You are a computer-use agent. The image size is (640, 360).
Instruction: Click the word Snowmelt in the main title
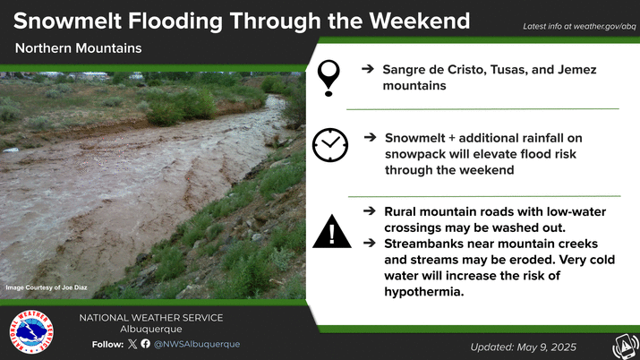pos(68,21)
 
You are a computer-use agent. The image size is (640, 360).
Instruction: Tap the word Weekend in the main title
pos(420,21)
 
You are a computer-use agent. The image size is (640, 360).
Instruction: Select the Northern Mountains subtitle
pos(79,48)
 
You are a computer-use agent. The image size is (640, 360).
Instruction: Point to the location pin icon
pos(329,78)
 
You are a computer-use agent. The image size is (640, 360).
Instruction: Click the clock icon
pos(330,145)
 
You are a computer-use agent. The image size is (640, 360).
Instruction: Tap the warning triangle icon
pos(332,231)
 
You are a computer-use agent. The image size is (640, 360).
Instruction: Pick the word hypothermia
pos(423,292)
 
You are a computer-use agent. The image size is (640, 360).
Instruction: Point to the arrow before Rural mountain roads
pos(370,211)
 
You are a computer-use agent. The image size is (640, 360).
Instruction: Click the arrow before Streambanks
pos(370,244)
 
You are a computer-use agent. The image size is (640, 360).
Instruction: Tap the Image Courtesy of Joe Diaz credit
pos(47,287)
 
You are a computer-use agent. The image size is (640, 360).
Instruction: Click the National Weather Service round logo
pos(31,331)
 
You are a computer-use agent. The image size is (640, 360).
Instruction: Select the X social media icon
pos(132,344)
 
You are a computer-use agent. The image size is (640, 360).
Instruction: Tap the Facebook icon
pos(146,344)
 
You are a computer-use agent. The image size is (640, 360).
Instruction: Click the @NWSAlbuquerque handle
pos(197,344)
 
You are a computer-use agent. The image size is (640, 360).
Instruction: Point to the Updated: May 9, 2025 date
pos(524,347)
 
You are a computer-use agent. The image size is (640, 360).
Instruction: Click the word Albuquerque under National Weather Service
pos(151,329)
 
